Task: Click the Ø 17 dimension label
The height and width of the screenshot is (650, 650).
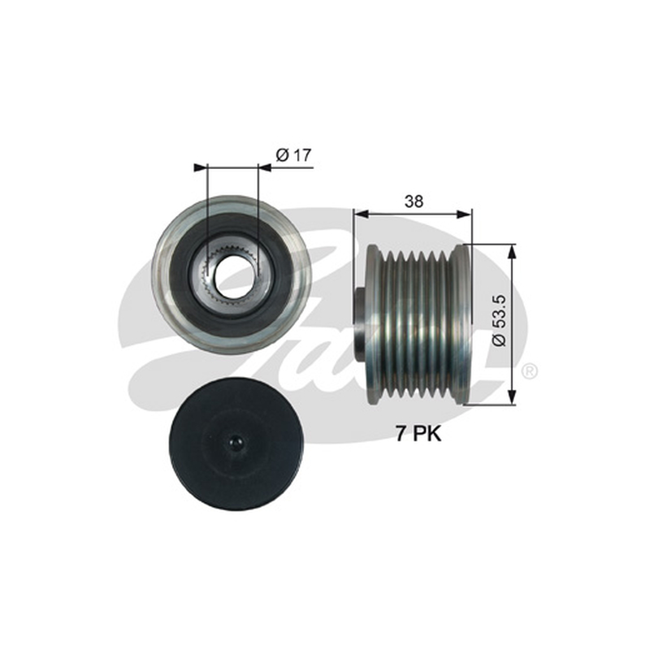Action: (293, 155)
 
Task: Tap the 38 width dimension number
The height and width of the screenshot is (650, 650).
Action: (414, 201)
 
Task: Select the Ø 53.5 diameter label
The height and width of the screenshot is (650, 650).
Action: (499, 320)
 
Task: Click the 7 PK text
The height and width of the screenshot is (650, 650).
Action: (418, 434)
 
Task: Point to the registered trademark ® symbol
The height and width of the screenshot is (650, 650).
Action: (530, 371)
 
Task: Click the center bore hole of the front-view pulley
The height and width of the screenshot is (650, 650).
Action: (232, 275)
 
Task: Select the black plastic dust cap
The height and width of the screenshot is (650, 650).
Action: (234, 444)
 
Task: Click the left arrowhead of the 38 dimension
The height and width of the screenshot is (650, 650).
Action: (361, 214)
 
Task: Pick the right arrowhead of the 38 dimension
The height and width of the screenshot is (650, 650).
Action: (464, 214)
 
